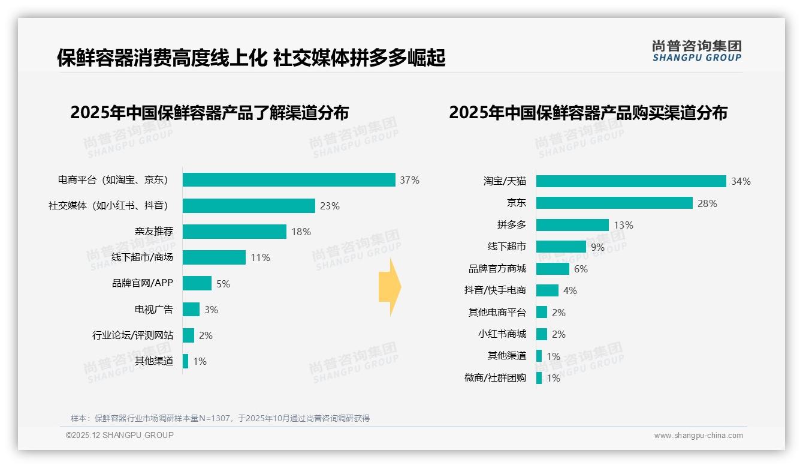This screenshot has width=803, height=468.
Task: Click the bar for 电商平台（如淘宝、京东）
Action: [289, 180]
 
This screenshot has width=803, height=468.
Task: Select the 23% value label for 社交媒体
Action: [330, 206]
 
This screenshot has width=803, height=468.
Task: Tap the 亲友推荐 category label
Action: [153, 232]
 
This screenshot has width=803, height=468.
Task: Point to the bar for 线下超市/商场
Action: [214, 257]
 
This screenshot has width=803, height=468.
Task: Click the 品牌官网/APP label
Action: [142, 283]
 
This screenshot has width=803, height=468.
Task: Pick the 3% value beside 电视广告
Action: [210, 310]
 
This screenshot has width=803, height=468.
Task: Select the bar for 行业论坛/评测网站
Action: [188, 335]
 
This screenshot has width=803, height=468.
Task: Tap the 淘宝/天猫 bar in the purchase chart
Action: [631, 181]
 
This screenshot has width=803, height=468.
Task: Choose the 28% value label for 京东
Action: [707, 203]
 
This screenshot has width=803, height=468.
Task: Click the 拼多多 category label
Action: [511, 225]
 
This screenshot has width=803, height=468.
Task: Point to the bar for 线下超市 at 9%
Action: [561, 247]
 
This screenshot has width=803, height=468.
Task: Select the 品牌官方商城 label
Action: [497, 269]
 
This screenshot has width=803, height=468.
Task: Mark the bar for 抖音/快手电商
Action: [547, 290]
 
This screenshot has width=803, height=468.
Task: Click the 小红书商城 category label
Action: [502, 334]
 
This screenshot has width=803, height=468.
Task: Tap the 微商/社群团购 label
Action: [494, 378]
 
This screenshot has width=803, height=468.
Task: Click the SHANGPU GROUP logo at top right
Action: [696, 51]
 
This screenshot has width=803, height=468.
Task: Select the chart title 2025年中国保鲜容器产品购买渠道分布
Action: [588, 113]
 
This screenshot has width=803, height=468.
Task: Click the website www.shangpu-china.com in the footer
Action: [698, 436]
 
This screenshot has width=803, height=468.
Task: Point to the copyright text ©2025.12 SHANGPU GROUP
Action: [120, 435]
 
